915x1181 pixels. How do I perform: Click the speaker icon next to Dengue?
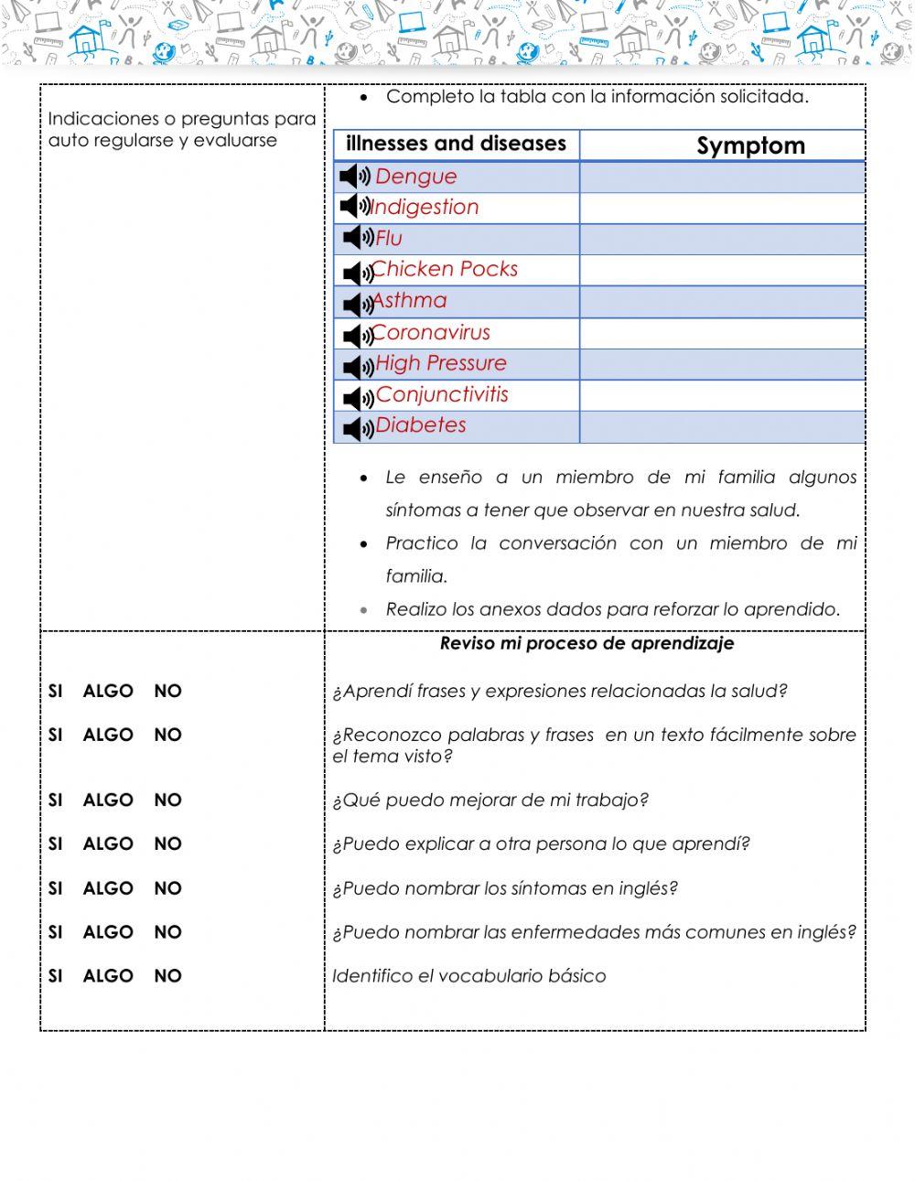354,176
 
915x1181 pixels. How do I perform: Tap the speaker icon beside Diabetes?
358,427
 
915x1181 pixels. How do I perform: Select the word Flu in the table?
389,239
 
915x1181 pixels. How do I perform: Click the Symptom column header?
750,145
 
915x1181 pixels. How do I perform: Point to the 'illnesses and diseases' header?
456,144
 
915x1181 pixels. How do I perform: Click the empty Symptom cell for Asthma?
722,302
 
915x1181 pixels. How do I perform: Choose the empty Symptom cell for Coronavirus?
722,333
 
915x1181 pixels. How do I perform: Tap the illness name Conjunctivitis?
442,395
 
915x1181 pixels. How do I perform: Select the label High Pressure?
440,363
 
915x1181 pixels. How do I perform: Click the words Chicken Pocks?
445,269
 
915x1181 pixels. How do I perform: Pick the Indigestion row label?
425,208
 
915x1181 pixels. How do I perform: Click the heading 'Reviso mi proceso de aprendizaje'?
587,643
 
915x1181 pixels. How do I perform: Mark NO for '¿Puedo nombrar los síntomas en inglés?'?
167,888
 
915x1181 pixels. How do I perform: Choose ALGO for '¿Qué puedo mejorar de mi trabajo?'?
108,800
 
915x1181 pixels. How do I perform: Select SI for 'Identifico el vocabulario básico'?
56,976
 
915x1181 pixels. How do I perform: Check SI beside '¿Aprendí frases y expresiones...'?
56,692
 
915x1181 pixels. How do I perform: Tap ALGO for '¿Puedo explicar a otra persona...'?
108,844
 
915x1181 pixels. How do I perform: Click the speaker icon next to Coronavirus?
358,335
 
